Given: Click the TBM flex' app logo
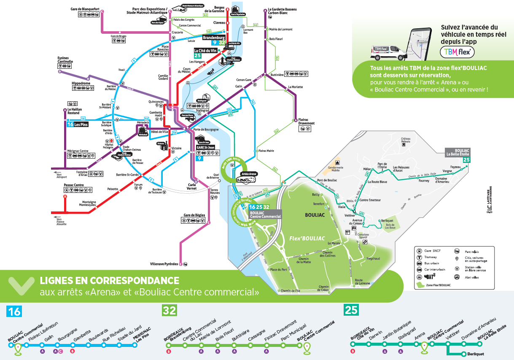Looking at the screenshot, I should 457,52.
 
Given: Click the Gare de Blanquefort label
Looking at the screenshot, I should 88,9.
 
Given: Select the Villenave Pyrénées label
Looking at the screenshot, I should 164,264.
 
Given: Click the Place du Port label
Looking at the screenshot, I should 278,270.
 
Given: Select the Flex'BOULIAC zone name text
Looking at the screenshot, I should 307,239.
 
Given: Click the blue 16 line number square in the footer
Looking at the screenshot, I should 14,311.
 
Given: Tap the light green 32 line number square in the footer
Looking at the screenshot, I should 170,311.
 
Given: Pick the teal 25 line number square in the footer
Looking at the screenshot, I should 351,311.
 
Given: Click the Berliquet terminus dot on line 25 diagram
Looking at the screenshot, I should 463,354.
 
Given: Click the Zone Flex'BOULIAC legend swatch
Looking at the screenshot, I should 420,285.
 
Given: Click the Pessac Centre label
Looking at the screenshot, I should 74,185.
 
